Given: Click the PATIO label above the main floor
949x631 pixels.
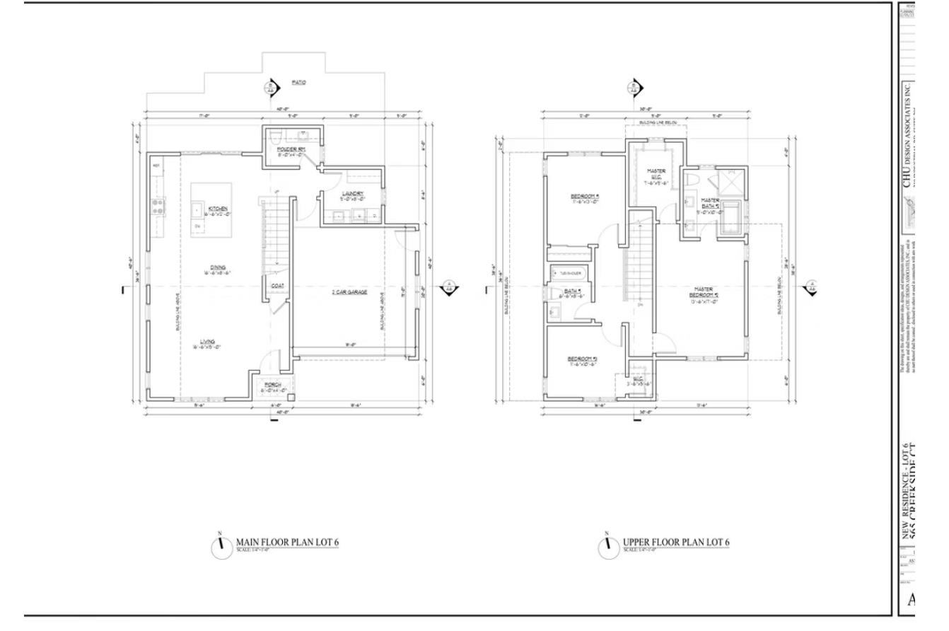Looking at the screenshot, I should click(299, 83).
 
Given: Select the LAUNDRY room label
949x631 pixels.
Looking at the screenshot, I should click(352, 194).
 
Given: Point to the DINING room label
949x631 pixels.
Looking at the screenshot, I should click(218, 267).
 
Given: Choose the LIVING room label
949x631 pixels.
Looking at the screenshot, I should click(207, 342).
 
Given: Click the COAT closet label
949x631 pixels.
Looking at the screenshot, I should click(277, 286).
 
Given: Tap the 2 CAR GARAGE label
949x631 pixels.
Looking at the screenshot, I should click(349, 291).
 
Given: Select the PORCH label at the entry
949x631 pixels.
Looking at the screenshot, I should click(272, 386).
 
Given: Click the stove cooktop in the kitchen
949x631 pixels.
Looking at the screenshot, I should click(158, 207).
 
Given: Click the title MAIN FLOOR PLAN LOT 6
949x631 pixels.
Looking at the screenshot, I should click(287, 543).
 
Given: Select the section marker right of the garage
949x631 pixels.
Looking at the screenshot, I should click(448, 288).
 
